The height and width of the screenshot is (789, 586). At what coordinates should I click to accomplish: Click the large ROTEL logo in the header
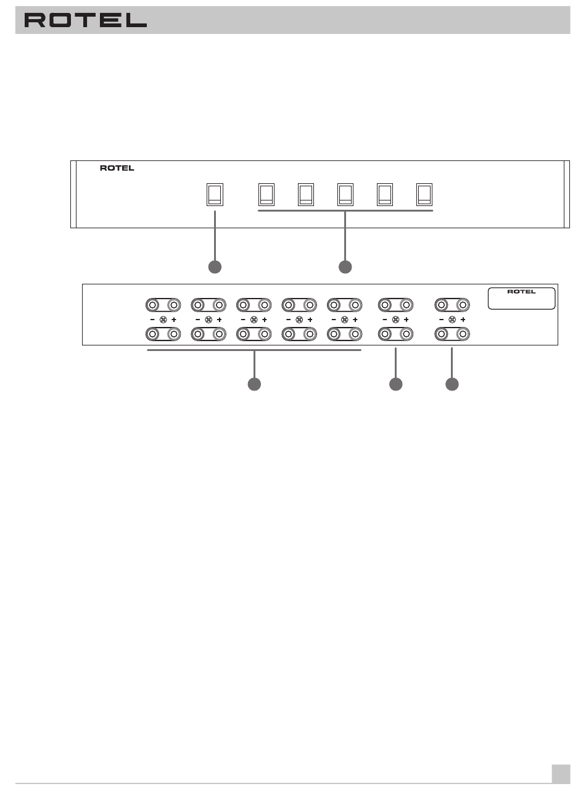pos(85,20)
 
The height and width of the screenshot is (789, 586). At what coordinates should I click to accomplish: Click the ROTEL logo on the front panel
pos(117,168)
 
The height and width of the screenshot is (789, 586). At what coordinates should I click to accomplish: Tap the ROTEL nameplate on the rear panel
pos(521,298)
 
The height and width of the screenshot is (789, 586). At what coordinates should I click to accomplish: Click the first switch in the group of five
pos(266,194)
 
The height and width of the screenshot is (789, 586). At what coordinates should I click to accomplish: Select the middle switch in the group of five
pos(345,194)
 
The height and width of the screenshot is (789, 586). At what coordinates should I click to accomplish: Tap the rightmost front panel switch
pos(424,194)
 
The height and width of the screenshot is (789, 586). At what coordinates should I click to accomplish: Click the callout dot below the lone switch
pos(215,266)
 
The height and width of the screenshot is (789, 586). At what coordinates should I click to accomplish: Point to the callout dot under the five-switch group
pos(345,266)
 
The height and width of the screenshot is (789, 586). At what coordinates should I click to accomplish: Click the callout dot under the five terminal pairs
pos(254,384)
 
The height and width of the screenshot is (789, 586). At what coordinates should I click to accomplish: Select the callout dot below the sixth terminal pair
pos(395,384)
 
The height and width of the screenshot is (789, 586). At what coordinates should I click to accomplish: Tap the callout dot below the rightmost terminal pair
pos(452,384)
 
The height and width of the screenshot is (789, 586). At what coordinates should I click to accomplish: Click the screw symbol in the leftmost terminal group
pos(163,320)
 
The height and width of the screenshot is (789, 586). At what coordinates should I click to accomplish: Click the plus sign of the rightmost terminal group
pos(463,320)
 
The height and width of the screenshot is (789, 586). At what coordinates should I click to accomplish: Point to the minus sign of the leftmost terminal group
pos(152,320)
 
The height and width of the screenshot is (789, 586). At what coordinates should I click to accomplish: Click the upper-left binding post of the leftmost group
pos(152,305)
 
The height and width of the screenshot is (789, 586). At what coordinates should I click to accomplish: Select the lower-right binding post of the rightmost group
pos(463,334)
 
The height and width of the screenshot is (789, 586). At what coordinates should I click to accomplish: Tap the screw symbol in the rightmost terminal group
pos(452,320)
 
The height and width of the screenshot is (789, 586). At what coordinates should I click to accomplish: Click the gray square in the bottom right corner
pos(561,774)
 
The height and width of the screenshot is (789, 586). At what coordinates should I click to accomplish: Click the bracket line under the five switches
pos(345,210)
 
